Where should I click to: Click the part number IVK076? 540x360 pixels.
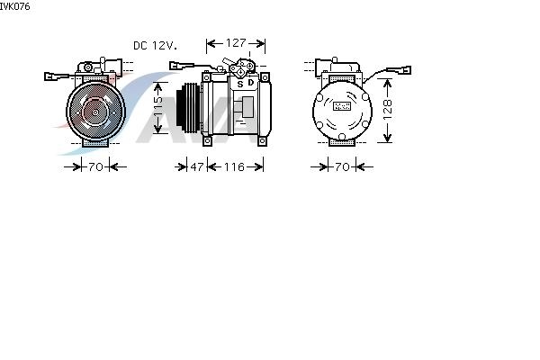tap(14, 6)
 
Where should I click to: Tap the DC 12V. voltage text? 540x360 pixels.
tap(156, 46)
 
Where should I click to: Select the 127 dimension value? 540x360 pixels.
tap(236, 42)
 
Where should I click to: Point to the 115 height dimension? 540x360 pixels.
tap(157, 107)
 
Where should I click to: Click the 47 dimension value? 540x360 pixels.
tap(197, 166)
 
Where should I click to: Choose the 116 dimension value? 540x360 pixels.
tap(234, 166)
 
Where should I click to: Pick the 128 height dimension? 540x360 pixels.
tap(387, 110)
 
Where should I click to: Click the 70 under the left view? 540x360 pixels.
tap(95, 166)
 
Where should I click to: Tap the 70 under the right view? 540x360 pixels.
tap(342, 166)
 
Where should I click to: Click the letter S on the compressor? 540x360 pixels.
tap(240, 84)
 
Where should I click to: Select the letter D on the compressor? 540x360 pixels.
tap(251, 83)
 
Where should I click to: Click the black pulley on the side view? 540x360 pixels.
tap(188, 107)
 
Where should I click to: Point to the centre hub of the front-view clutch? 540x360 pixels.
tap(95, 112)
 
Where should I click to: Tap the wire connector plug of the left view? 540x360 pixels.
tap(51, 76)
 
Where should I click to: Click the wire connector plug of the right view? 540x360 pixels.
tap(404, 70)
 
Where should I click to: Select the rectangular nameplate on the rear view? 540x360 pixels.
tap(342, 106)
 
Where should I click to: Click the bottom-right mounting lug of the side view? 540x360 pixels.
tap(262, 141)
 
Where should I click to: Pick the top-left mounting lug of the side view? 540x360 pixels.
tap(206, 76)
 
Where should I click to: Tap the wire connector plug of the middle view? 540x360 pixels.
tap(177, 66)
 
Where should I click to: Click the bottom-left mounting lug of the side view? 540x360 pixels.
tap(207, 141)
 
